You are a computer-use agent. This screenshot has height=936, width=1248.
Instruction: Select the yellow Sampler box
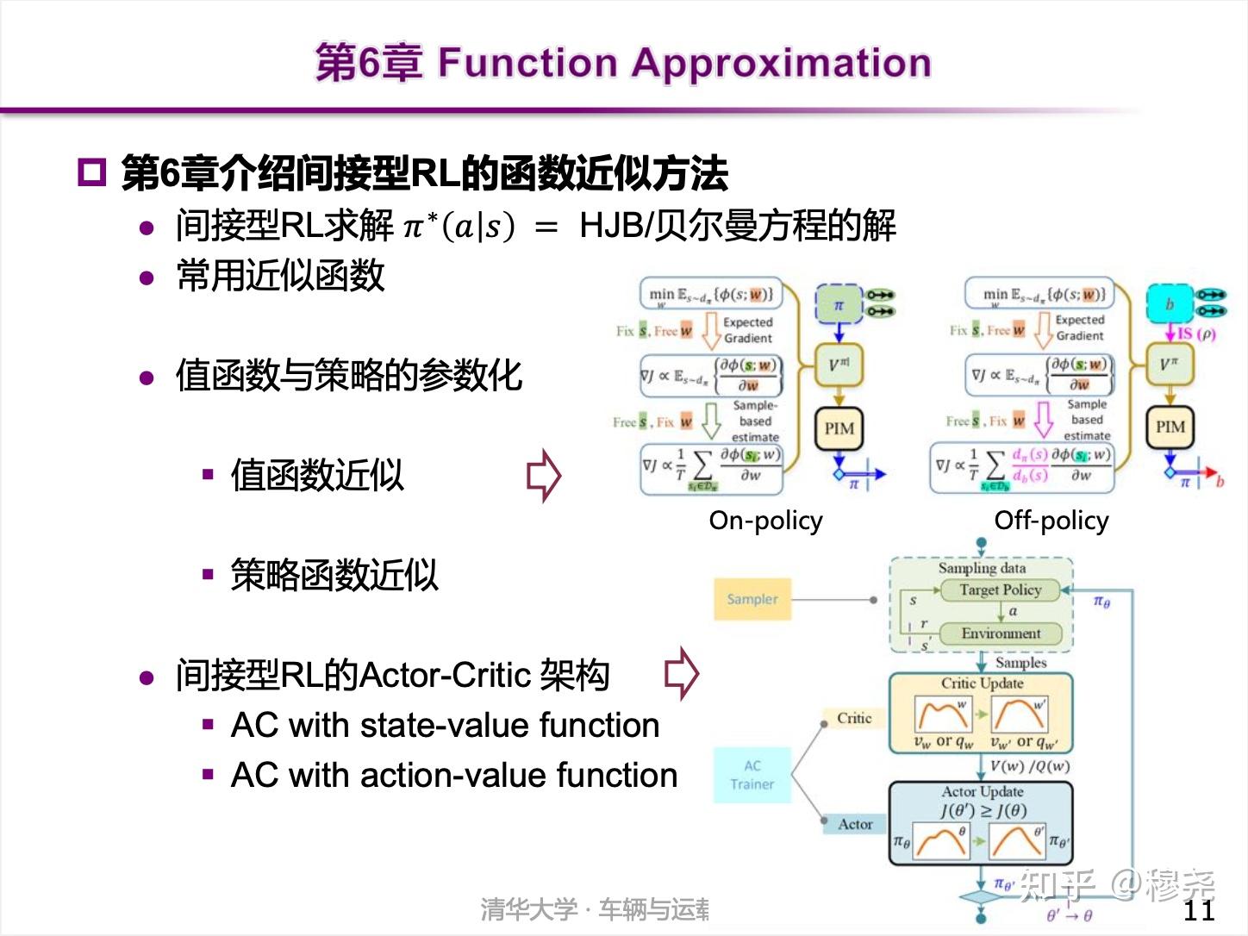[752, 599]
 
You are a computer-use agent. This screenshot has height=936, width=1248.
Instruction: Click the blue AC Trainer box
[752, 775]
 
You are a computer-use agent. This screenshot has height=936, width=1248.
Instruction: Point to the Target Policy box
[1000, 590]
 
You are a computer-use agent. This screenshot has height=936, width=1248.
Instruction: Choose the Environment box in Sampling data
[1000, 633]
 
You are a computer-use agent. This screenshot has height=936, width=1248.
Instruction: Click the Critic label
[853, 718]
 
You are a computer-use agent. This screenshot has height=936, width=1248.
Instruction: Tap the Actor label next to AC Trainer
[854, 824]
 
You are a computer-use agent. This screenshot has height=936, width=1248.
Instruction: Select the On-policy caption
[765, 521]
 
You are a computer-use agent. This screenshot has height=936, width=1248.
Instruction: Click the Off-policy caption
[1051, 521]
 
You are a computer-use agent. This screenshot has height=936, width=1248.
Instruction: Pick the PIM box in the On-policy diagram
[839, 428]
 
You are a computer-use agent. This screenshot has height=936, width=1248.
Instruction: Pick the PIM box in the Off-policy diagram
[1170, 427]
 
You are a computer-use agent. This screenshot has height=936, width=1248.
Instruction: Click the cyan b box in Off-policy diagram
[1169, 304]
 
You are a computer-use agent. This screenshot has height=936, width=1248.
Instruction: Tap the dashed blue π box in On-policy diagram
[838, 305]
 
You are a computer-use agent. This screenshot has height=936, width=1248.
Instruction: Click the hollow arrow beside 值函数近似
[544, 475]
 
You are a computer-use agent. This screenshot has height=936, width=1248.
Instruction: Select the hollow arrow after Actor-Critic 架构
[682, 673]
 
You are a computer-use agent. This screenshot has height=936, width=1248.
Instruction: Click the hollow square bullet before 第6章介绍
[91, 172]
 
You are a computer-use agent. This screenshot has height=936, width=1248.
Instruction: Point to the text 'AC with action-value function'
[453, 775]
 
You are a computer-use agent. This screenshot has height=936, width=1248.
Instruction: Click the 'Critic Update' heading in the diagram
[982, 683]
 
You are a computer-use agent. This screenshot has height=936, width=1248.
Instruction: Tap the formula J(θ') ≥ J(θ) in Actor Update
[983, 810]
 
